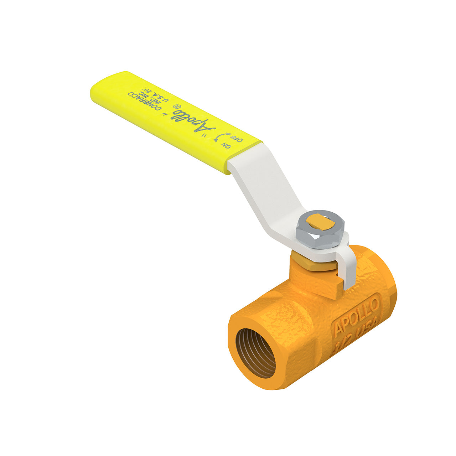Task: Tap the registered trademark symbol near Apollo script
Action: point(175,107)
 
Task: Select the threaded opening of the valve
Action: point(256,353)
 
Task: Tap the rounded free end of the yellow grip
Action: point(98,91)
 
